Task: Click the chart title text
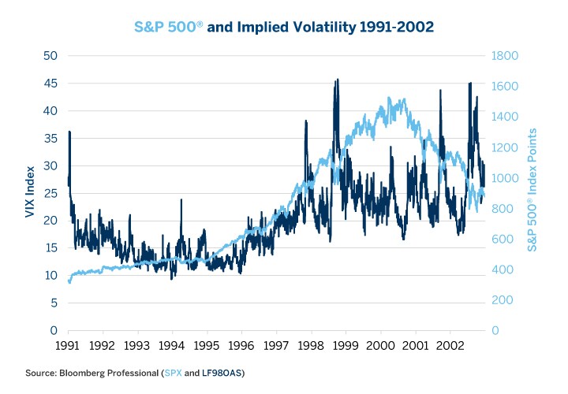pos(284,26)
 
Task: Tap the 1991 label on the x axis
pos(68,346)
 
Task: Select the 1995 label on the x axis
pos(207,346)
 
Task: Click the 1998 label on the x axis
pos(311,346)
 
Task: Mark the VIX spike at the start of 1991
pos(69,132)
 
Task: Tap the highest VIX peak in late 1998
pos(338,80)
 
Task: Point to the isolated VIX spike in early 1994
pos(181,200)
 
